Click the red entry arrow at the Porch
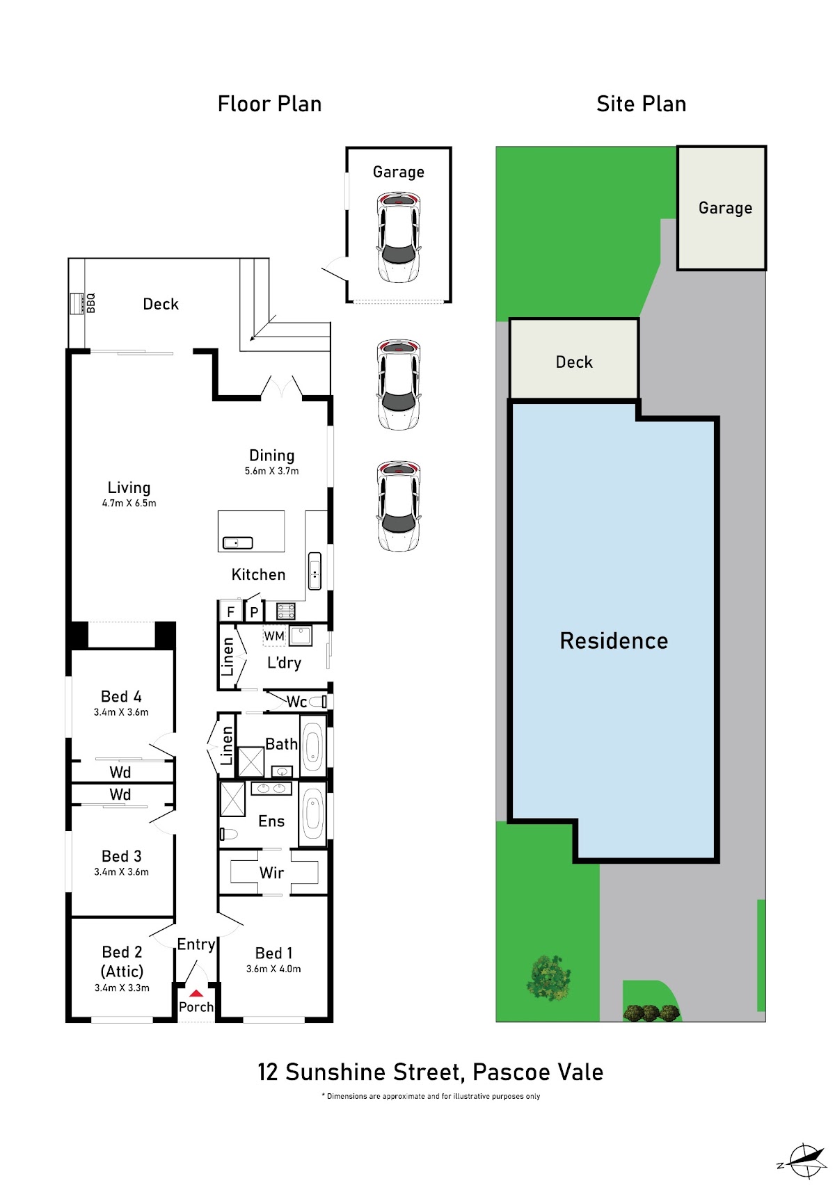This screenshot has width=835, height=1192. pos(196,993)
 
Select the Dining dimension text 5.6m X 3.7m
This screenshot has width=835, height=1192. pos(271,471)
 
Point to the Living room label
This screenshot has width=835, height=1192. pos(129,488)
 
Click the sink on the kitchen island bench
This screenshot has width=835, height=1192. pos(237,542)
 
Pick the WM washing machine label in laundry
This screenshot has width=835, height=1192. pos(274,636)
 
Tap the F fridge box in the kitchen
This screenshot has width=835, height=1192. pos(230,611)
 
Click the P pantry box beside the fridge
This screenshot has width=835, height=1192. pos(254,611)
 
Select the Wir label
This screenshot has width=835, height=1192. pos(271,873)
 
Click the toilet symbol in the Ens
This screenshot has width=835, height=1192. pos(228,833)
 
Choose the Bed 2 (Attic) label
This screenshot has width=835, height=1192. pos(122,962)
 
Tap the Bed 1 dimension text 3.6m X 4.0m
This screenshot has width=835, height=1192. pos(273,969)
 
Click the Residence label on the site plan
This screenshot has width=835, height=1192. pos(614,641)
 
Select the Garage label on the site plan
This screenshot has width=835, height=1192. pos(725,208)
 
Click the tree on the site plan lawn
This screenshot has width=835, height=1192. pos(548,978)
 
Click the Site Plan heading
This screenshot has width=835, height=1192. pos(641,104)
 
